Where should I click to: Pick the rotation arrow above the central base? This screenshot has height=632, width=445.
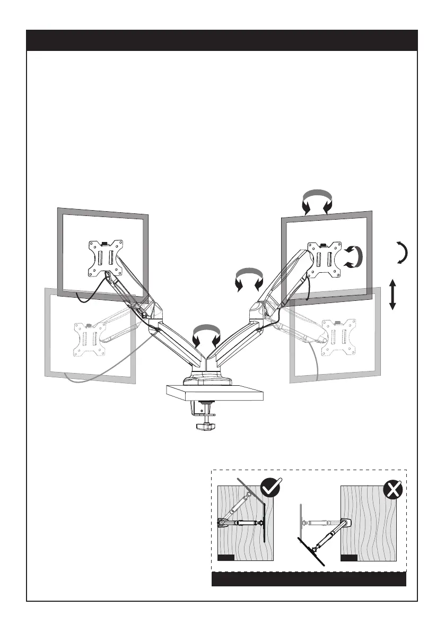coord(207,335)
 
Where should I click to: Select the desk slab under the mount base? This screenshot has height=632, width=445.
coord(215,393)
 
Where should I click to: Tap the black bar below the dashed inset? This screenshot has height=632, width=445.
coord(309,579)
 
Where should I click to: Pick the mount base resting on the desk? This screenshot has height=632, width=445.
coord(208,379)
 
